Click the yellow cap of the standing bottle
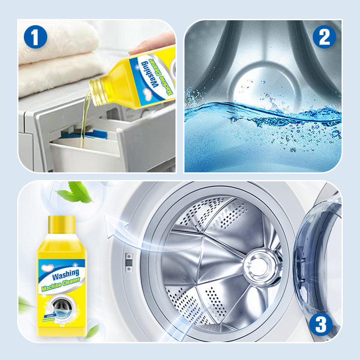61,225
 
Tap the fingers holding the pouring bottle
155,44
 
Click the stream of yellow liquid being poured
83,126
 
